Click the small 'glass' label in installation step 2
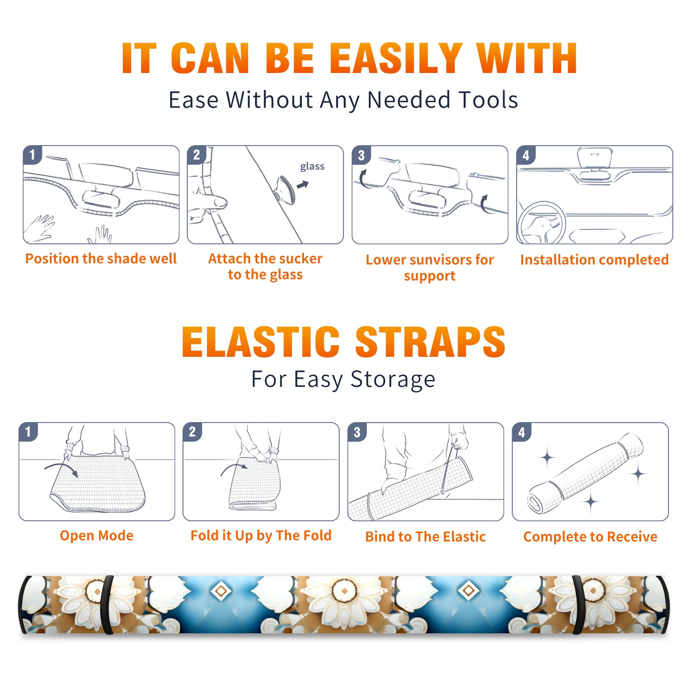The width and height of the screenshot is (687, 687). pos(312,166)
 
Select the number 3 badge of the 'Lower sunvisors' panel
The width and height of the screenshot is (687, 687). pos(361,155)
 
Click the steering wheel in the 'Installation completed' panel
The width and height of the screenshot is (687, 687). pos(541,223)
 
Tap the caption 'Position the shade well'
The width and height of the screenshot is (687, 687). pos(101,258)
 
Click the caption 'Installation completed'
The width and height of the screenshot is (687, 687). pos(594,260)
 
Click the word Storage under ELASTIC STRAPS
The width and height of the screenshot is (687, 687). pos(393,380)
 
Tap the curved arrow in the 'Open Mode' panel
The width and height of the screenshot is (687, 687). pos(61,469)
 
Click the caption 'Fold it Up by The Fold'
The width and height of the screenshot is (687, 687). pos(261,535)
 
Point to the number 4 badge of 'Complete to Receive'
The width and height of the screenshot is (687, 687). pos(522,432)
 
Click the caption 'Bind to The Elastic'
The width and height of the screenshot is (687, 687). pos(426,537)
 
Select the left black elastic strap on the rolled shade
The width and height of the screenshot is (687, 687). pos(107,605)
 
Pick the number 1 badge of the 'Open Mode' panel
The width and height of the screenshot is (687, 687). pos(28,432)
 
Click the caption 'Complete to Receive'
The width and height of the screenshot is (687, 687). pos(590,537)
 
